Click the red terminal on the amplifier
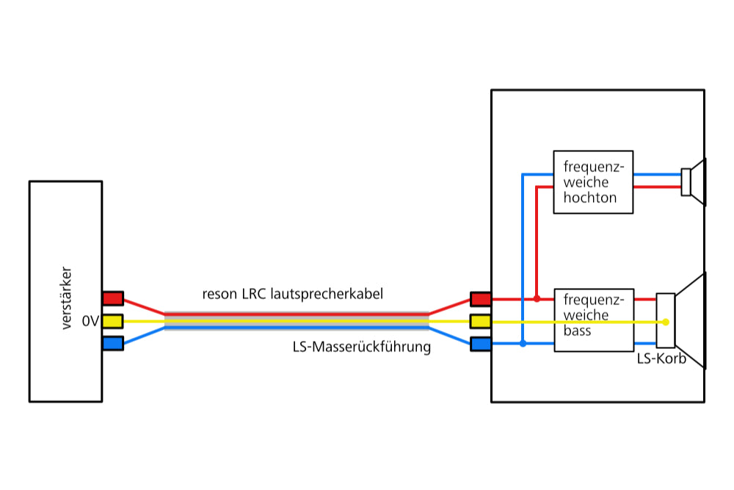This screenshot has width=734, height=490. point(113,298)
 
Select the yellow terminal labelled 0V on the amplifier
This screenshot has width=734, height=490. point(113,321)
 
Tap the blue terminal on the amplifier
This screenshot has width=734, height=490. point(113,343)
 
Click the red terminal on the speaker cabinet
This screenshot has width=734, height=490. point(480,299)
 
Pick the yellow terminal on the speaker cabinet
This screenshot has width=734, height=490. point(480,321)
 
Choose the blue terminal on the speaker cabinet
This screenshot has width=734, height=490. point(480,343)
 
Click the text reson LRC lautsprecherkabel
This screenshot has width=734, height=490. point(293,294)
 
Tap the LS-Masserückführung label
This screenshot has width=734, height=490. point(361,347)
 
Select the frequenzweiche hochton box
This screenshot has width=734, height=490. point(593,182)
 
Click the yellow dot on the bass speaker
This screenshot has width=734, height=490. point(666,322)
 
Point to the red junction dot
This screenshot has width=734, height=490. point(537,299)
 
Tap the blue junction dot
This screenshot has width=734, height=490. point(523,343)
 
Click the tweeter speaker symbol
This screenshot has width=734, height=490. point(694,181)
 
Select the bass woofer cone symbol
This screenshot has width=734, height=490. point(690,320)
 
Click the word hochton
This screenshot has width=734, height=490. point(590,198)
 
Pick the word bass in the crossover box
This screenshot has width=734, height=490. point(577,331)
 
